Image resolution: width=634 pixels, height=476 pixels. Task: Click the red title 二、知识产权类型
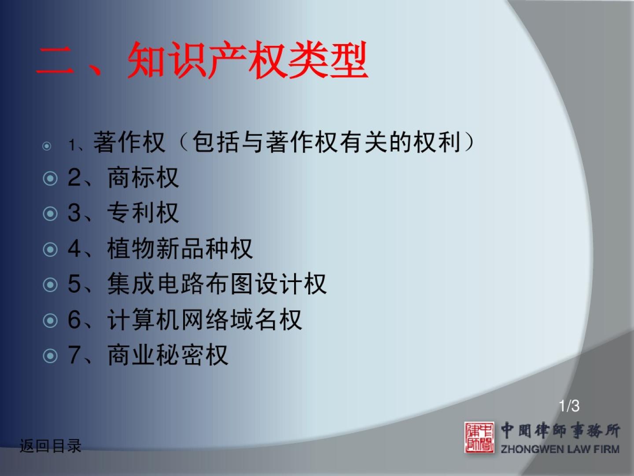click(x=202, y=60)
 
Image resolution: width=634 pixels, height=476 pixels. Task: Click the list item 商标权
click(x=143, y=178)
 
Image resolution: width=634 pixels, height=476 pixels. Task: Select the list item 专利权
click(x=143, y=213)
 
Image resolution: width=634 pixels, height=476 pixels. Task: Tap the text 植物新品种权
click(x=180, y=249)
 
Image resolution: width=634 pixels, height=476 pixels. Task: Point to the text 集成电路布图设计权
click(x=217, y=284)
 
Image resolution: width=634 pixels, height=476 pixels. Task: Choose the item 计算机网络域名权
click(x=205, y=320)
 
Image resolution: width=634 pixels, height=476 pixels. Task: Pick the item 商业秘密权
click(x=168, y=355)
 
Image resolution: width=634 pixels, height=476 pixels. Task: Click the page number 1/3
click(x=569, y=406)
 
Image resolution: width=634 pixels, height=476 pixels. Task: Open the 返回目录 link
click(x=51, y=446)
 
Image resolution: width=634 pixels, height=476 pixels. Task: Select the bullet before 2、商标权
click(x=50, y=178)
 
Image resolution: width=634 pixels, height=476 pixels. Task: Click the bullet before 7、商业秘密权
click(x=50, y=356)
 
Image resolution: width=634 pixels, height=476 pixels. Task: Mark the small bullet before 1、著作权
click(x=47, y=146)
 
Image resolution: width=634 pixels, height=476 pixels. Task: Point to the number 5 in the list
click(x=74, y=284)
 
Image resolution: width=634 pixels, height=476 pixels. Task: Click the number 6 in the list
click(x=74, y=320)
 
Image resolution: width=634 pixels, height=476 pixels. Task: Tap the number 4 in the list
click(x=74, y=249)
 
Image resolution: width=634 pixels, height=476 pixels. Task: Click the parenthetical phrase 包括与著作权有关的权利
click(x=326, y=142)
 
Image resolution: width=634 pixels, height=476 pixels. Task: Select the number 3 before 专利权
click(x=74, y=213)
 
